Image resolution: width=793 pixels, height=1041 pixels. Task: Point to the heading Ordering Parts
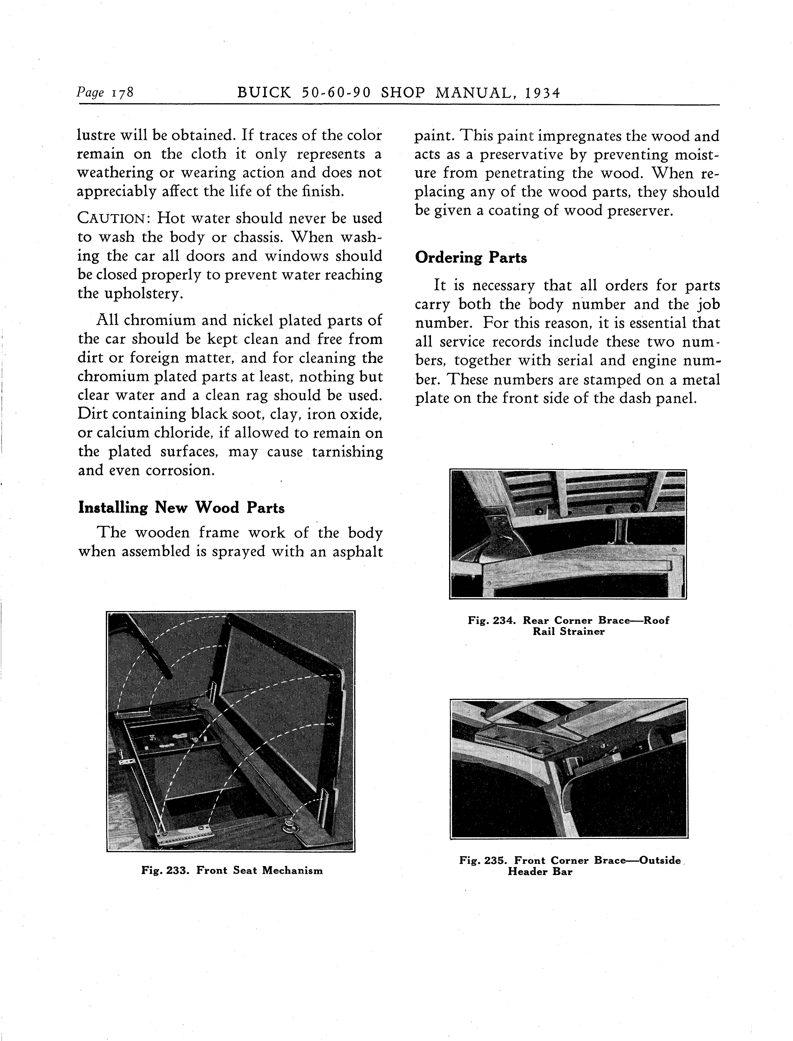(471, 258)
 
